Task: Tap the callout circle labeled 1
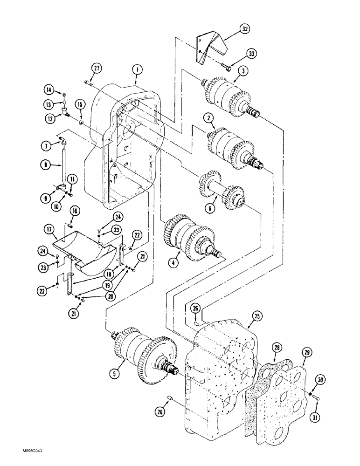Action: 136,69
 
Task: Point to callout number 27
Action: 96,69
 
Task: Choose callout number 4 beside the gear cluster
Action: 173,262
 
